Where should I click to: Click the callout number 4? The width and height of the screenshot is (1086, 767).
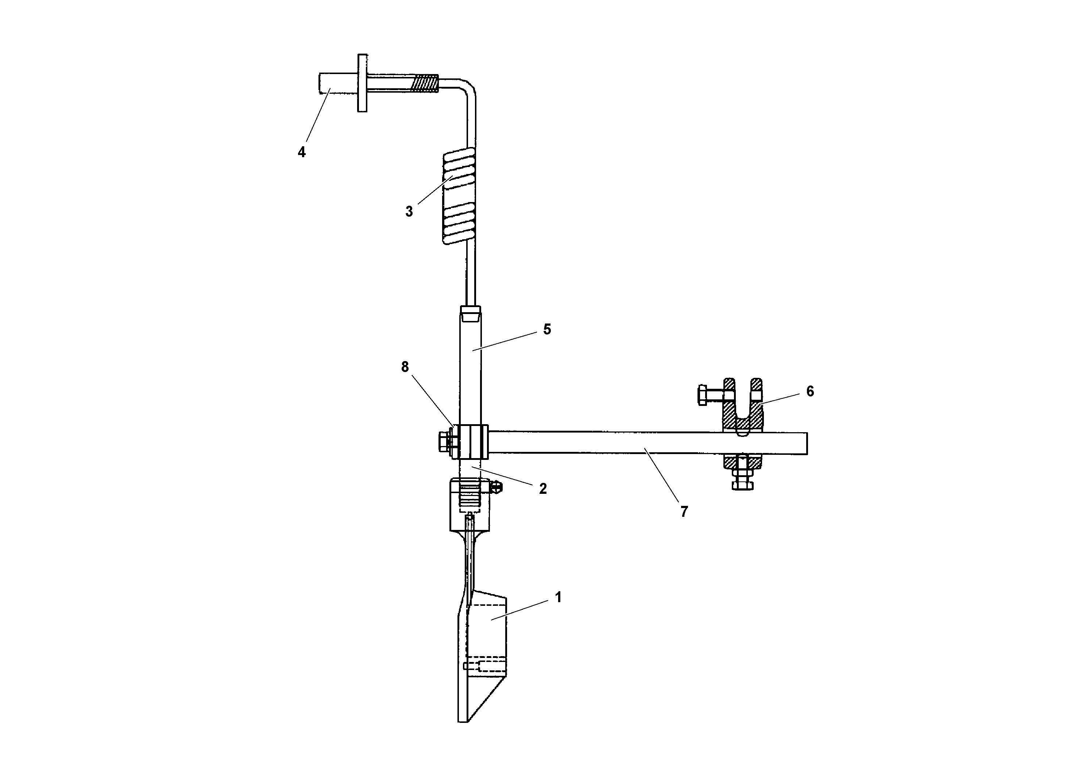click(x=301, y=152)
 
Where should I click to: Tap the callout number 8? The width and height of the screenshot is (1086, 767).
click(x=405, y=367)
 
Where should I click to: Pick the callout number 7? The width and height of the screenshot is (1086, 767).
click(x=684, y=512)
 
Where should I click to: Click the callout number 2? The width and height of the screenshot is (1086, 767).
click(x=542, y=488)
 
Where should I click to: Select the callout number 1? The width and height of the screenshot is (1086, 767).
click(x=558, y=597)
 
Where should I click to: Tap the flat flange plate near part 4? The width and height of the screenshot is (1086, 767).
click(x=362, y=83)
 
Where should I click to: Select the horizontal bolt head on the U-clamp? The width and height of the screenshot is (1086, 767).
click(x=703, y=395)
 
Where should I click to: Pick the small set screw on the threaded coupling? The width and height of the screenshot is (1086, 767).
click(x=496, y=487)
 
